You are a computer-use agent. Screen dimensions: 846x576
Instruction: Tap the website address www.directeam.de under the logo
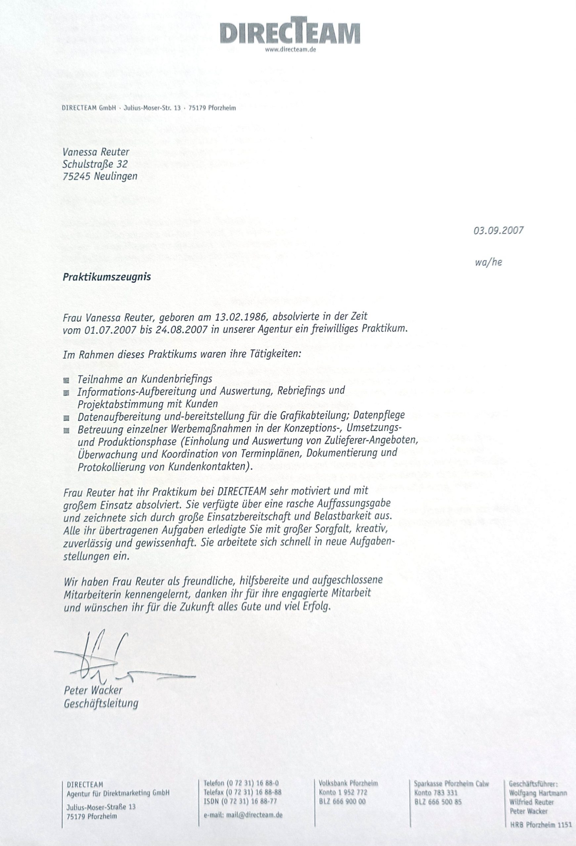pyautogui.click(x=290, y=51)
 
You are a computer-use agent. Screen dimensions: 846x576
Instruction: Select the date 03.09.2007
pyautogui.click(x=498, y=230)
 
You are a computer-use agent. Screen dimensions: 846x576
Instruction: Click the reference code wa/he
pyautogui.click(x=488, y=262)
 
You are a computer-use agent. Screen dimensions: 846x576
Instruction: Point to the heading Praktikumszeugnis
pyautogui.click(x=107, y=277)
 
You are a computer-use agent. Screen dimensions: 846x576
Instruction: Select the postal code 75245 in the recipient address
pyautogui.click(x=76, y=176)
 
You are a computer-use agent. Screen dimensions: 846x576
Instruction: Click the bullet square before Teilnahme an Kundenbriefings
pyautogui.click(x=66, y=380)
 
